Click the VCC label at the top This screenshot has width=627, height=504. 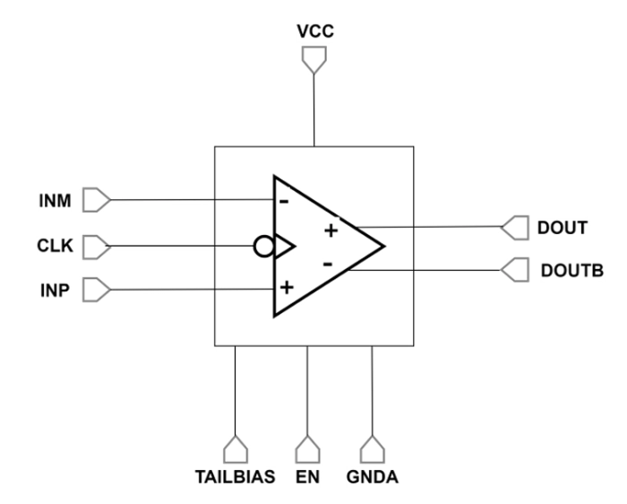[x=314, y=32]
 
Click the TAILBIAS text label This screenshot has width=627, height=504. [x=235, y=477]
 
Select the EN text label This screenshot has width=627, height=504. [x=307, y=477]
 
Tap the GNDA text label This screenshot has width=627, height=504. [x=371, y=477]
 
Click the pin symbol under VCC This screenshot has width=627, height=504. [x=314, y=58]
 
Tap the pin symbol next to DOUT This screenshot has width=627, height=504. [x=514, y=228]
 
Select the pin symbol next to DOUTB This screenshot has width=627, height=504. [x=514, y=267]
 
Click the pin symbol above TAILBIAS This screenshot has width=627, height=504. [x=235, y=448]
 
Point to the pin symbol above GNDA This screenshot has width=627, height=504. [x=371, y=448]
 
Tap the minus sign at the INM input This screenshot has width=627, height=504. [x=284, y=202]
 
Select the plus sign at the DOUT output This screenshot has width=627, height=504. [x=331, y=230]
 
